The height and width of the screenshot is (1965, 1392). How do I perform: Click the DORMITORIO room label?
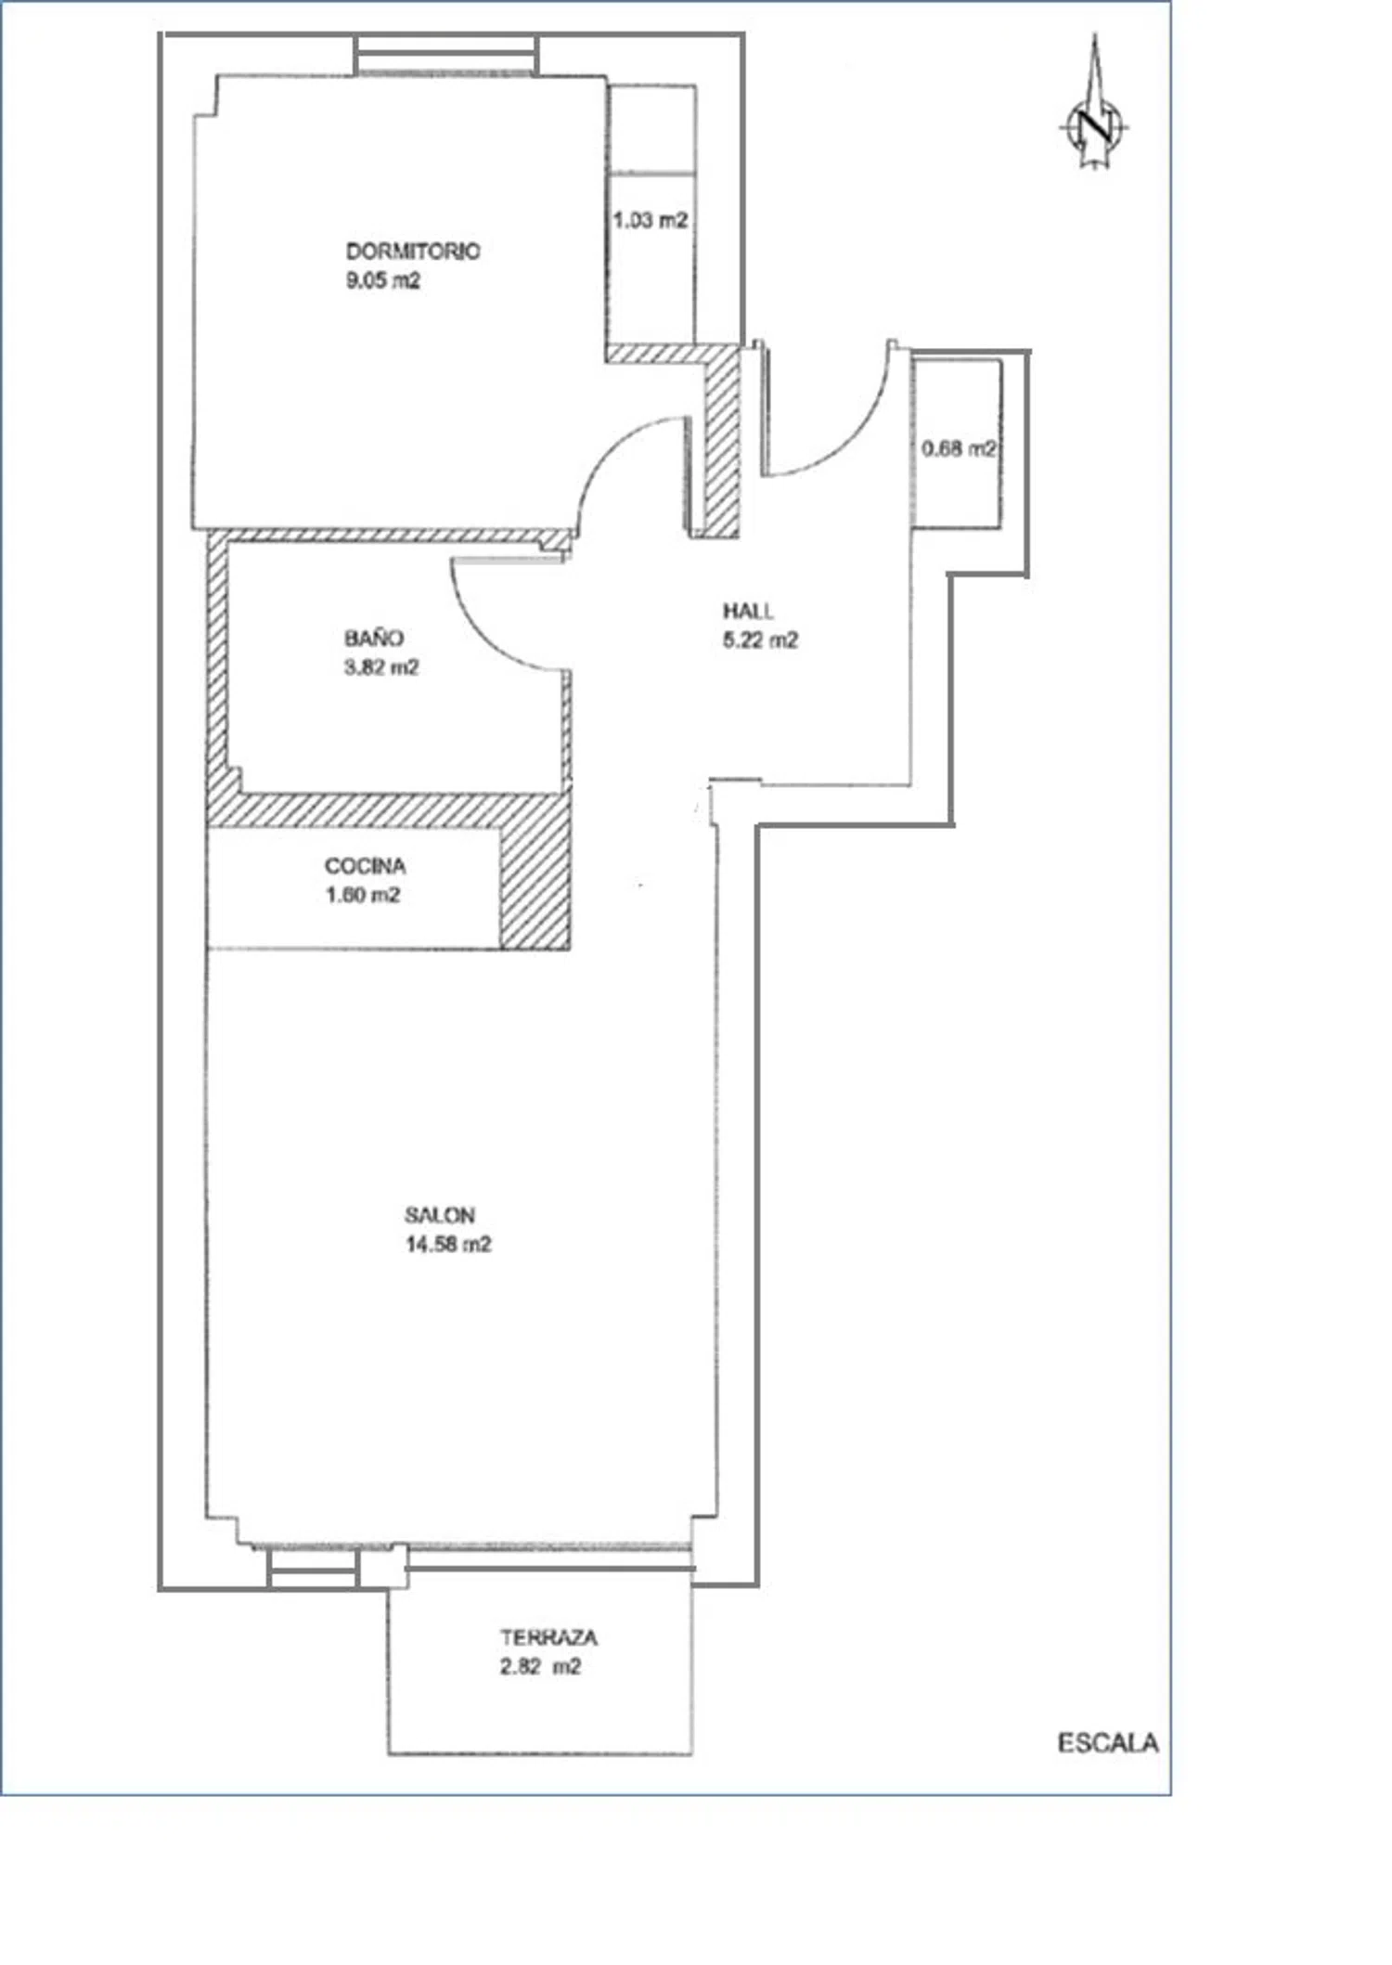tap(413, 251)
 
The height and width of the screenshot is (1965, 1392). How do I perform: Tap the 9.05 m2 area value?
tap(383, 280)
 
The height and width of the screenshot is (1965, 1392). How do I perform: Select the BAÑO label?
tap(374, 637)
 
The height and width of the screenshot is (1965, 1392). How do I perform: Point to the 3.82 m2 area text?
tap(381, 666)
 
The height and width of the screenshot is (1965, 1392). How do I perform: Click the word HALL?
tap(748, 611)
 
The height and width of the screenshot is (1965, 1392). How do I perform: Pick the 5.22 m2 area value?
tap(760, 640)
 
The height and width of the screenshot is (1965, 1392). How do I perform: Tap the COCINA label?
tap(366, 866)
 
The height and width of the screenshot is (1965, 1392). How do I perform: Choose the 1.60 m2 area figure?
tap(363, 895)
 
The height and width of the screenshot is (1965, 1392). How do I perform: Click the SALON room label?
tap(440, 1215)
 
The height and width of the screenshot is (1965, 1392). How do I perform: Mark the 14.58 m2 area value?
tap(448, 1245)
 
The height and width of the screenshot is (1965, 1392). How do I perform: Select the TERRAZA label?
tap(549, 1637)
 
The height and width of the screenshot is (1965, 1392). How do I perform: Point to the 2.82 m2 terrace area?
tap(541, 1667)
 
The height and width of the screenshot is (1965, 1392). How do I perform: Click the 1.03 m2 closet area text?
tap(651, 220)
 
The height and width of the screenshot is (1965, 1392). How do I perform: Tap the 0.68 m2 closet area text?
tap(960, 448)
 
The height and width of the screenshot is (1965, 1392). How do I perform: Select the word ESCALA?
tap(1108, 1743)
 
